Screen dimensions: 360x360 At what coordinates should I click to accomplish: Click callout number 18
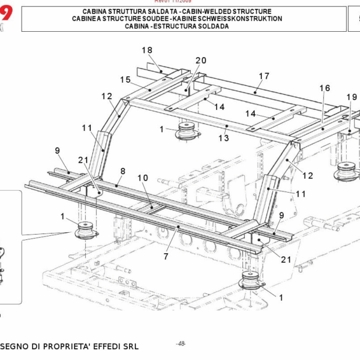coord(148,50)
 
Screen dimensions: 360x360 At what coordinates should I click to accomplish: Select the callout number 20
coord(200,61)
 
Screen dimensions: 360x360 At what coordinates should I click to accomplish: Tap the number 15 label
coord(125,80)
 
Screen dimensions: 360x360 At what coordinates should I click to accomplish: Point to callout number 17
coord(264,76)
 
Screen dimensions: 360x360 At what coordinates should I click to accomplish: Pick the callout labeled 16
coord(324,88)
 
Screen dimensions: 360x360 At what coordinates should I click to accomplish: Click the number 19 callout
coord(351,97)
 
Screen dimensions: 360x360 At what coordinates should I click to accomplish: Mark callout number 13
coord(223,138)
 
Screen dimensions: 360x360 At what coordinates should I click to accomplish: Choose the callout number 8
coord(122,171)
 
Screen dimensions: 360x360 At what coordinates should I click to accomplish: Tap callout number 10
coord(142,178)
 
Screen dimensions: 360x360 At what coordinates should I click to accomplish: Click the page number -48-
coord(181,343)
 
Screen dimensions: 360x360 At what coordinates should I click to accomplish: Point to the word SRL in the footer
coord(129,347)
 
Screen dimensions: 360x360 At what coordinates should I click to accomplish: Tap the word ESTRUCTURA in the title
coord(179,26)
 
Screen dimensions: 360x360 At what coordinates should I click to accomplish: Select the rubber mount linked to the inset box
coord(85,230)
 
